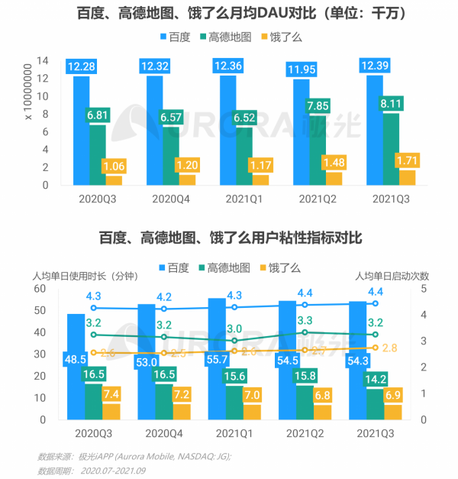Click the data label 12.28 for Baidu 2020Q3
81,67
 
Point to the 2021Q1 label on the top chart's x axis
244,199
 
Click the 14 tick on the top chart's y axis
44,60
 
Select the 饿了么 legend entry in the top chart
282,36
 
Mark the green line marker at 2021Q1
235,341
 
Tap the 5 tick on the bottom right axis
424,290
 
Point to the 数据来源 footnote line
134,456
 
